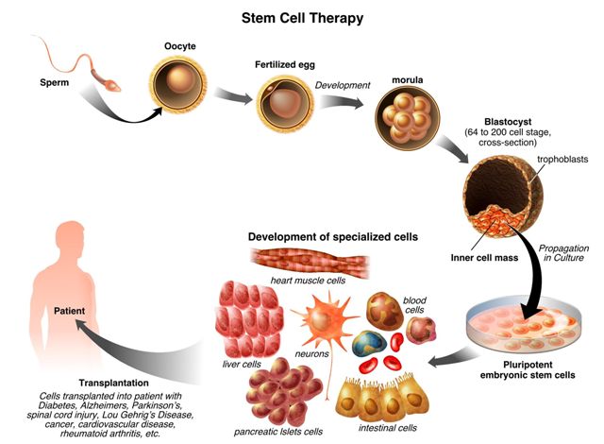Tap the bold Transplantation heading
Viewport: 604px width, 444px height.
coord(82,383)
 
